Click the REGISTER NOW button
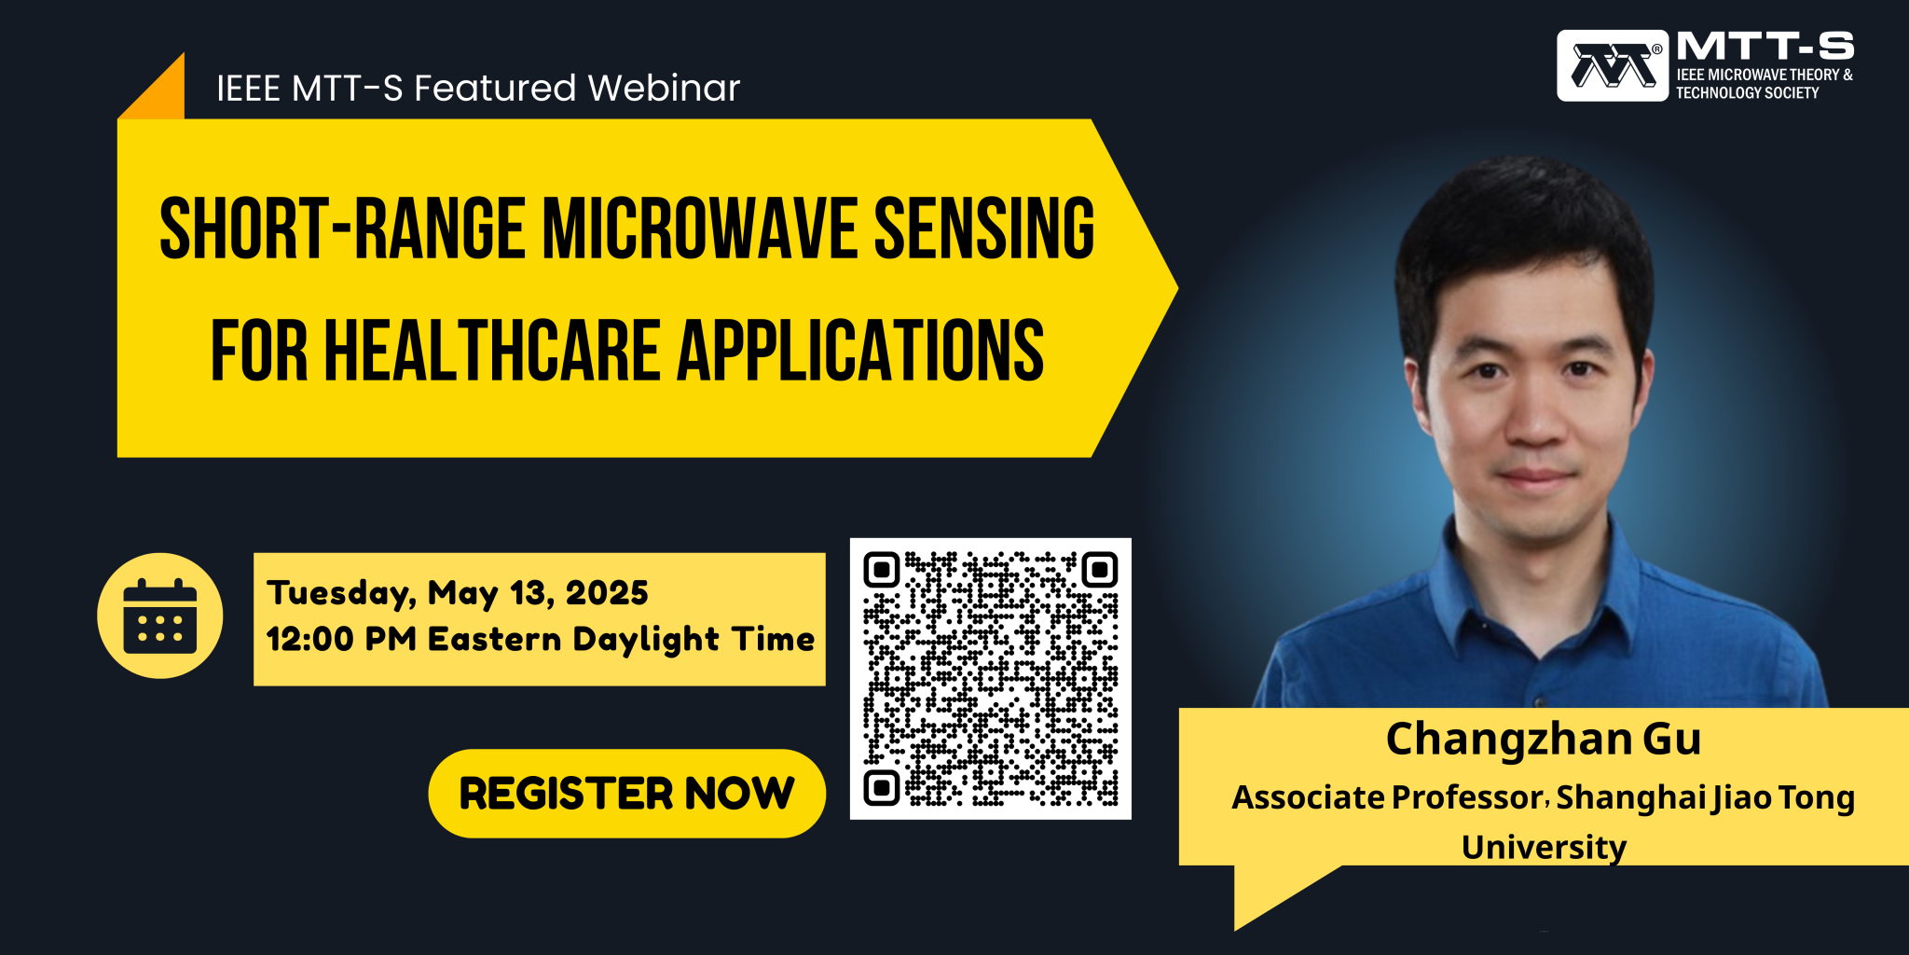626,794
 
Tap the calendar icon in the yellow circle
159,616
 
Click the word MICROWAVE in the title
699,229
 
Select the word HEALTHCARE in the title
492,352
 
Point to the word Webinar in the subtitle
664,89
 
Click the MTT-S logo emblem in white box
1612,65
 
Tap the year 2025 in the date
607,593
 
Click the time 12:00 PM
340,640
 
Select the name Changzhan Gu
1543,739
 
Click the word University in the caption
1543,847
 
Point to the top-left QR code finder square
881,569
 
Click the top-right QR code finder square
1100,569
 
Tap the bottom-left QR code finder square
881,788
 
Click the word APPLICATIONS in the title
859,352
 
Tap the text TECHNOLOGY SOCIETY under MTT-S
1747,93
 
